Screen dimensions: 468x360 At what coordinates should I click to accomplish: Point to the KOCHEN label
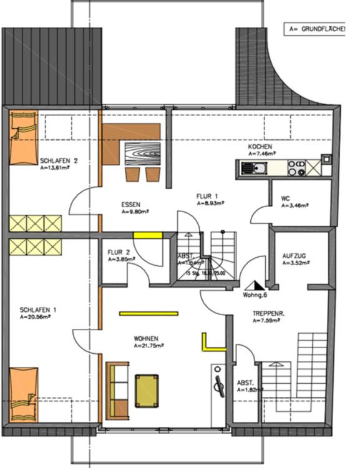[x=260, y=146]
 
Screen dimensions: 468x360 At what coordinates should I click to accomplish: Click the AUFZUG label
[x=293, y=256]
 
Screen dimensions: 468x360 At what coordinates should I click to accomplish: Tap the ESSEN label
[x=131, y=205]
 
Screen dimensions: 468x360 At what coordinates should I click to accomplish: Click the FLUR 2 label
[x=119, y=252]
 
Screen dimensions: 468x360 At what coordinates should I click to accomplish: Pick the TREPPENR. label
[x=268, y=315]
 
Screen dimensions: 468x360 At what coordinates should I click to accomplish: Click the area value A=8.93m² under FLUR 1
[x=211, y=203]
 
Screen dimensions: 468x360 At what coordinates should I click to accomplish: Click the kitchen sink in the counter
[x=254, y=167]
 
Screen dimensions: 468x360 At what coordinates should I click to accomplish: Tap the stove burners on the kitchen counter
[x=296, y=167]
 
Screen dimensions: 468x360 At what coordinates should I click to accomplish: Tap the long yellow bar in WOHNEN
[x=149, y=313]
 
